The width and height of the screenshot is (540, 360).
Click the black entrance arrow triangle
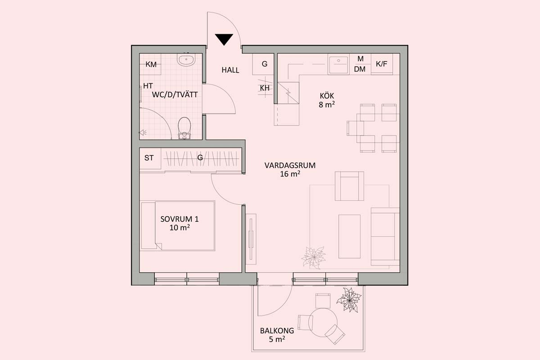click(224, 39)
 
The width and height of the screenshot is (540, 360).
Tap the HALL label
click(230, 70)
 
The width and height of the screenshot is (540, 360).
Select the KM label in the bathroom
click(151, 64)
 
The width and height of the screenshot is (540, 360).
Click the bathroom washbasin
click(186, 59)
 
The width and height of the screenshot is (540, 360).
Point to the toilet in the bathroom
click(184, 128)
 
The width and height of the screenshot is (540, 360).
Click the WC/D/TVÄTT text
click(175, 94)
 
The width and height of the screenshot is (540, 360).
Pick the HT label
click(148, 86)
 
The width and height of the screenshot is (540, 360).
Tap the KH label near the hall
click(265, 88)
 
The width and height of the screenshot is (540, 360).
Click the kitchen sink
click(338, 64)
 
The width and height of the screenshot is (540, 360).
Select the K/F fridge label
click(382, 64)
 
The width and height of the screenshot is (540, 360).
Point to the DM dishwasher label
click(360, 69)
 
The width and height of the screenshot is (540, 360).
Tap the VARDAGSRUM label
click(290, 166)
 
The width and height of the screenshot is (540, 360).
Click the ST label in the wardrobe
click(149, 158)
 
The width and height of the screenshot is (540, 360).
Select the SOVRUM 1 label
click(180, 219)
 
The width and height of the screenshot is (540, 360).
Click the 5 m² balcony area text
click(277, 339)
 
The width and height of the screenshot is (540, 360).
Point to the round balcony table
click(323, 323)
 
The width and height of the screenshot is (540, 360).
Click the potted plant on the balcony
click(349, 300)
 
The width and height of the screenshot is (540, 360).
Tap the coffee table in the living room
click(349, 236)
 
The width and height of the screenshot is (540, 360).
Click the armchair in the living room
click(349, 186)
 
